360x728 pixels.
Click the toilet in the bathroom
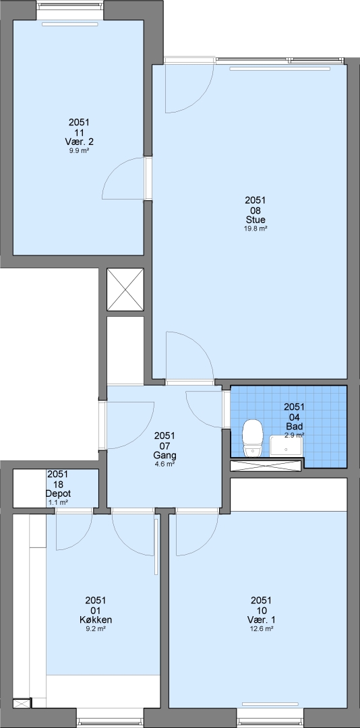(253, 438)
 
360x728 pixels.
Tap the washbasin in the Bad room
(287, 446)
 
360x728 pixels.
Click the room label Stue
(256, 220)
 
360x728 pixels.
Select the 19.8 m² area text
(256, 229)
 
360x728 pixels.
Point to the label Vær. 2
(78, 142)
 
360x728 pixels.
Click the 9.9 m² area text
(78, 150)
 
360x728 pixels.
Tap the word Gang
(164, 455)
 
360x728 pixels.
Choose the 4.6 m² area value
(164, 464)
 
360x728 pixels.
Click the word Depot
(57, 493)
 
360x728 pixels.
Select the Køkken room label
(96, 620)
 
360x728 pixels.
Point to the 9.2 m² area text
(96, 629)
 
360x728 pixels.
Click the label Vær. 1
(261, 620)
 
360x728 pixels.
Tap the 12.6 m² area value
(261, 629)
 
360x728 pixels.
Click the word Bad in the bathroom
(294, 426)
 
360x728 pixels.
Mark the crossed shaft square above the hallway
(125, 289)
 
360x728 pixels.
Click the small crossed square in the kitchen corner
(22, 703)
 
